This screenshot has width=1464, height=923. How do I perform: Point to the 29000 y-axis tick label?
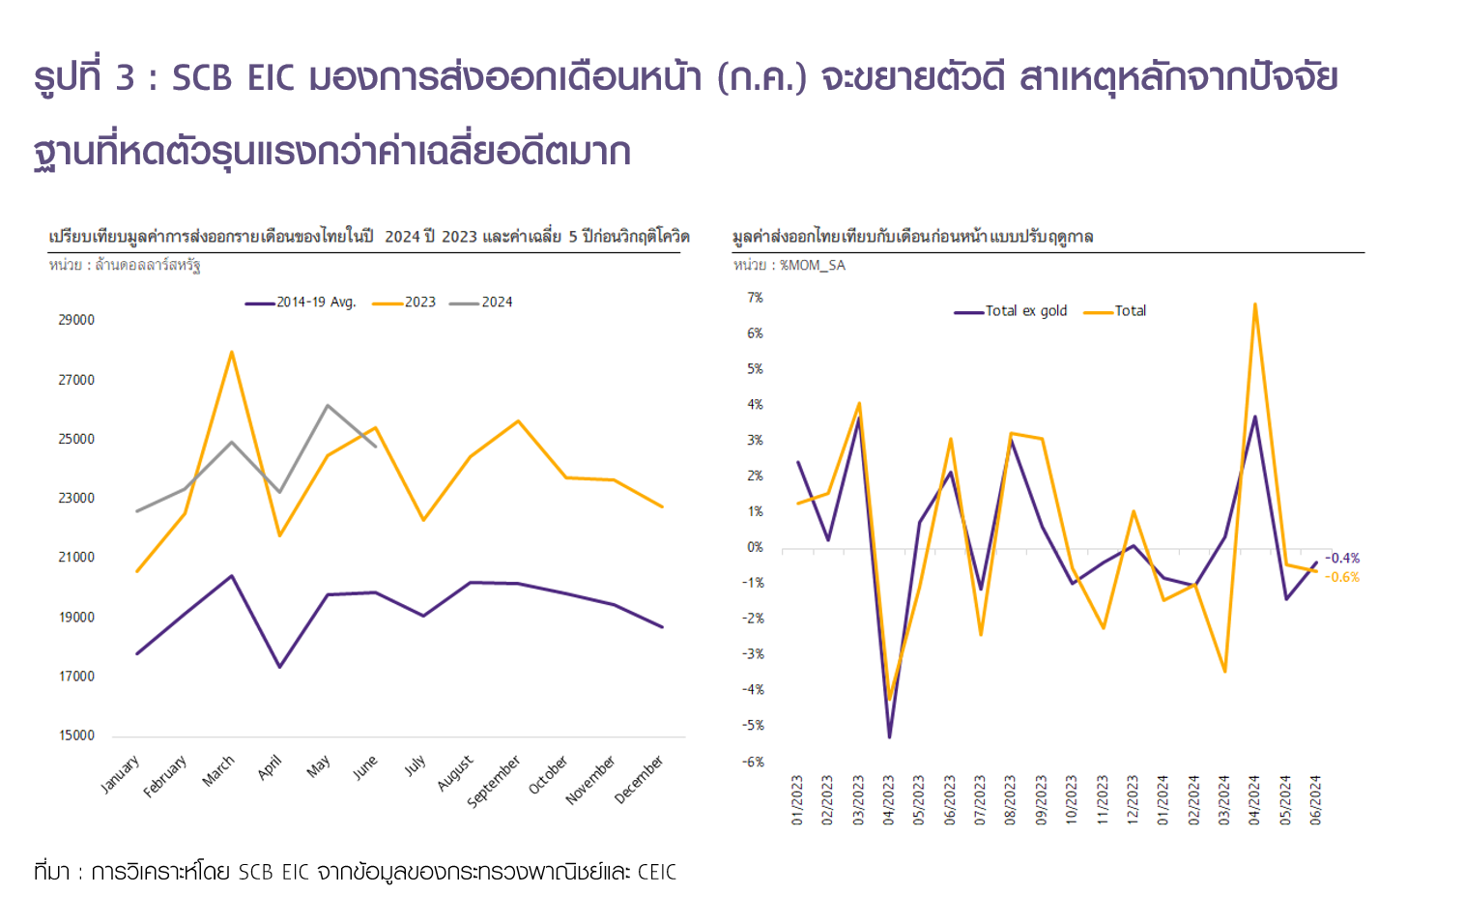pos(76,320)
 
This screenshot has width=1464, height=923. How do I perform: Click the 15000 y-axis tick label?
pos(76,736)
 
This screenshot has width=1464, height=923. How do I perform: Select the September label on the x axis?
pos(494,781)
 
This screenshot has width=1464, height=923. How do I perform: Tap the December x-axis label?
pos(639,779)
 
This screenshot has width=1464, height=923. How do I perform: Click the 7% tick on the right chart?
pos(755,298)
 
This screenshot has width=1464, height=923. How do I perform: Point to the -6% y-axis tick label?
pos(753,762)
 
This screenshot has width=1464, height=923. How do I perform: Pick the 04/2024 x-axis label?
pos(1254,799)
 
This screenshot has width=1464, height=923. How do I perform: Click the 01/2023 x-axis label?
pos(797,799)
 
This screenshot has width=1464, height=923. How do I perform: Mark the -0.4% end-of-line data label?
pos(1342,559)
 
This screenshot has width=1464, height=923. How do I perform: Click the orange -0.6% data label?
pos(1342,577)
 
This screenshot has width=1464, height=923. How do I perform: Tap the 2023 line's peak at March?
pos(232,352)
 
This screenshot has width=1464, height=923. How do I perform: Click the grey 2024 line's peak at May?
pos(328,406)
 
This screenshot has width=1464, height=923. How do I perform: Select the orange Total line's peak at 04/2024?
pos(1254,304)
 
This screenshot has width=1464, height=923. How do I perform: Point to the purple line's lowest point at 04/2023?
pos(889,736)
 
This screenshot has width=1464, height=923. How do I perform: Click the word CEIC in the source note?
pos(656,872)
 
